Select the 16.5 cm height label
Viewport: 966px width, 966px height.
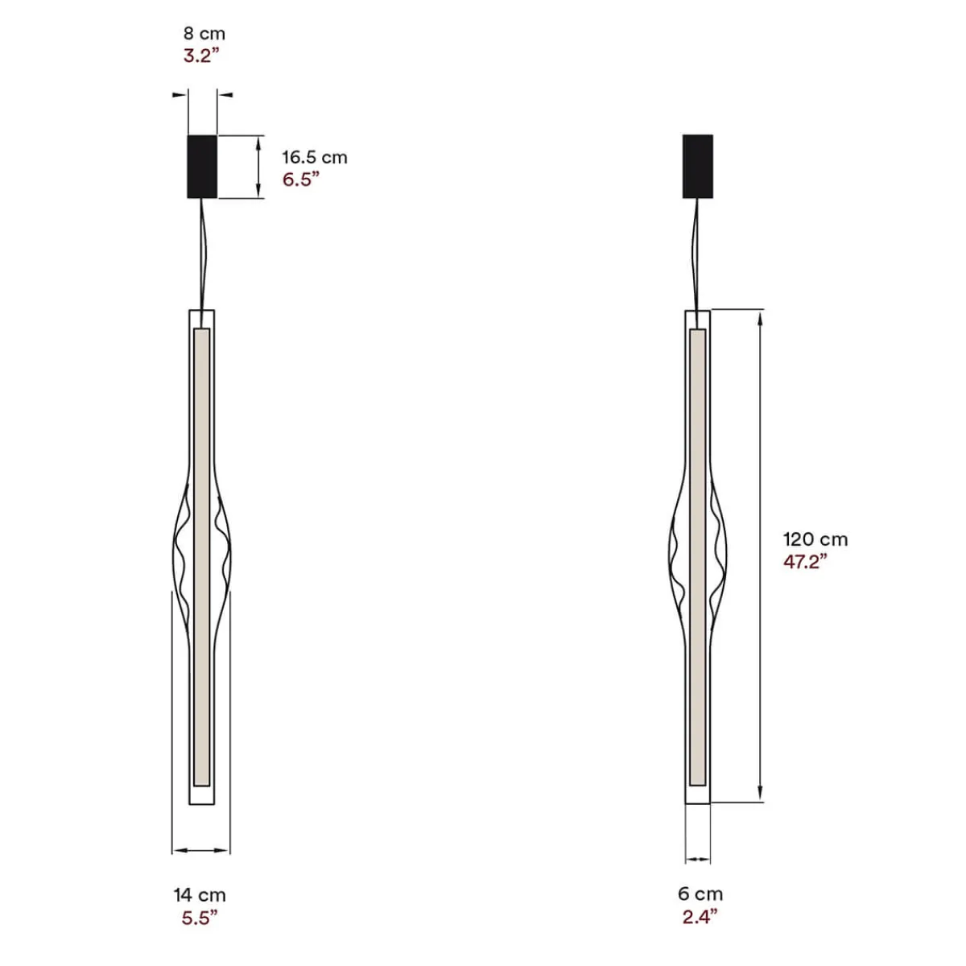314,157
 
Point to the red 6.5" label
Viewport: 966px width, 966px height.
301,179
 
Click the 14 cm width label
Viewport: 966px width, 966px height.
200,894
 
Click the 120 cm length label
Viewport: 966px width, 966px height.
815,539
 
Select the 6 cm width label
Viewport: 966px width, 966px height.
699,894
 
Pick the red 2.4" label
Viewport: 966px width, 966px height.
698,916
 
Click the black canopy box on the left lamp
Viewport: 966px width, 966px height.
202,166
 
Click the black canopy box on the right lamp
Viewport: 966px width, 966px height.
697,166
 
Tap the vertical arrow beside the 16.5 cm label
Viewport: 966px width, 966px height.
258,167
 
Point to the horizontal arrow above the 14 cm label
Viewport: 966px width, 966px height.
200,849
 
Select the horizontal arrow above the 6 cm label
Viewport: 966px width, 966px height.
698,860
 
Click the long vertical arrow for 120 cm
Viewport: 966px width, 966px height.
762,555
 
